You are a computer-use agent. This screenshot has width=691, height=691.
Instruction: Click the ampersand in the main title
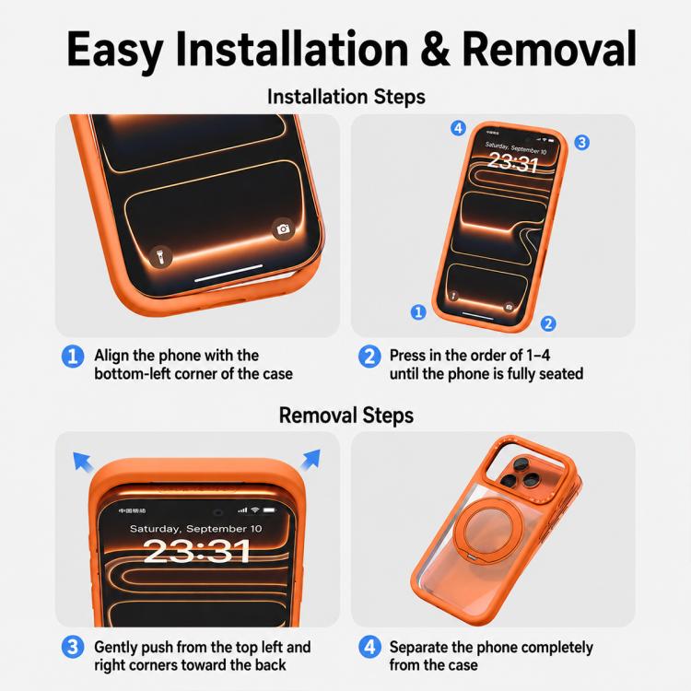(435, 49)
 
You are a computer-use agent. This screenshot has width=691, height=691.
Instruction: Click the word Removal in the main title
(549, 49)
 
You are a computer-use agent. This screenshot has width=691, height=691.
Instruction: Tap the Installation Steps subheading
(345, 97)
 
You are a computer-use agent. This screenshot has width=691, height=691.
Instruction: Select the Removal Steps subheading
(345, 416)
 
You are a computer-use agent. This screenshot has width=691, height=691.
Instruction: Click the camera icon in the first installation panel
(283, 228)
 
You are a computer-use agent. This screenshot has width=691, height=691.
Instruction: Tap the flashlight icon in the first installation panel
(161, 256)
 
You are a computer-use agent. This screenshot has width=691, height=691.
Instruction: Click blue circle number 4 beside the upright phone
(458, 128)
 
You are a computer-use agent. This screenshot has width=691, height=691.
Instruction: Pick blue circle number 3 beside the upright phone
(581, 142)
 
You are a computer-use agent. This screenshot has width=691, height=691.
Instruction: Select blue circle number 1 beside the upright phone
(418, 312)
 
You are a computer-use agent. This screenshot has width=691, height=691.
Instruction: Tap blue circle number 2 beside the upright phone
(548, 323)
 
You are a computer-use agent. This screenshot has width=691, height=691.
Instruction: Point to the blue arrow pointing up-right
(310, 460)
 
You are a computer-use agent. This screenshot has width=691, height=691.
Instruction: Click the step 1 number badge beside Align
(73, 356)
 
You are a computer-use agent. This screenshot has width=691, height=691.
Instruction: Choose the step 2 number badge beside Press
(369, 356)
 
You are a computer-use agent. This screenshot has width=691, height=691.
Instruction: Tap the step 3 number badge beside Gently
(73, 647)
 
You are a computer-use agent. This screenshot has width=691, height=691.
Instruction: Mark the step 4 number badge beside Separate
(369, 647)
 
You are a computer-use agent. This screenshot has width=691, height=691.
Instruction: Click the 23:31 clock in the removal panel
(197, 551)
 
